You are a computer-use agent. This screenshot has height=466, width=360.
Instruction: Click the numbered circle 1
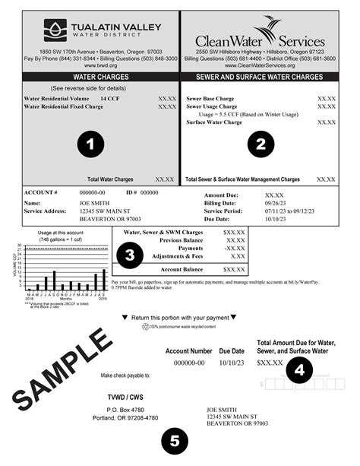(x=91, y=142)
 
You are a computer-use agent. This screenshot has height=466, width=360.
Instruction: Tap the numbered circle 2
(x=260, y=142)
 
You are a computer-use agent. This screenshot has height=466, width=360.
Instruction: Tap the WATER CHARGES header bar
(x=94, y=77)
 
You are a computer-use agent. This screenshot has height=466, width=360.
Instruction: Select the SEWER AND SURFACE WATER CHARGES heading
(x=259, y=77)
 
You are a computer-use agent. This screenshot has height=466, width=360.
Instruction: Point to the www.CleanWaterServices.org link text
(x=259, y=66)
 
